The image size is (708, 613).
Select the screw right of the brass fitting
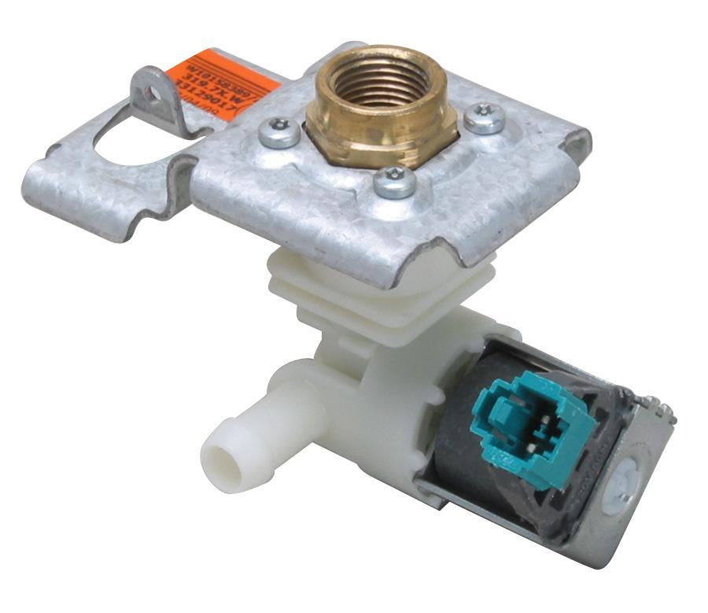[x=483, y=118]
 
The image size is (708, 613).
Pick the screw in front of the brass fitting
[x=394, y=182]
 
